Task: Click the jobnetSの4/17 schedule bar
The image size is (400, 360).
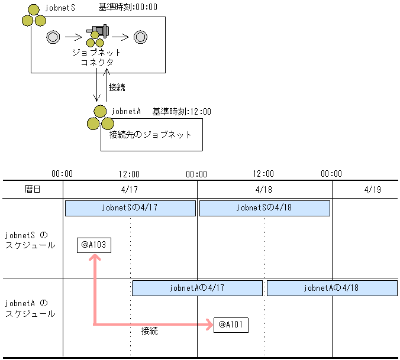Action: coord(130,208)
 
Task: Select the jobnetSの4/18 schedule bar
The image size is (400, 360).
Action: coord(264,208)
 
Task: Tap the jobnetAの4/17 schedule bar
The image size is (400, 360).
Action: coord(197,288)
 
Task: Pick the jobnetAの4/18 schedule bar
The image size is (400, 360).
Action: coord(331,288)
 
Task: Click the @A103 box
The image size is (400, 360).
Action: coord(93,245)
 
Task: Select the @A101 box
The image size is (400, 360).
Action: coord(231,325)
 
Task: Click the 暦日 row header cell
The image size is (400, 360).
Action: coord(33,190)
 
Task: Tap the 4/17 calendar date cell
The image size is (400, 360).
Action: coord(130,190)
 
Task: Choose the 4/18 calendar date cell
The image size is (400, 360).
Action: coord(264,190)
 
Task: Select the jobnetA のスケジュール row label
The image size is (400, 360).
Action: coord(30,308)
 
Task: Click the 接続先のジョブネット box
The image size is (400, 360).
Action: coord(151,135)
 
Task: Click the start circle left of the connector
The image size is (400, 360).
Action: coord(53,37)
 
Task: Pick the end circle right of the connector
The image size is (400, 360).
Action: coord(140,37)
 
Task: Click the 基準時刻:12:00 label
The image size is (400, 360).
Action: coord(182,111)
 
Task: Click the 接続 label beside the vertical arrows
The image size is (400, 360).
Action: coord(117,87)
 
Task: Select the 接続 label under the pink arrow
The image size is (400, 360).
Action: coord(150,331)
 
